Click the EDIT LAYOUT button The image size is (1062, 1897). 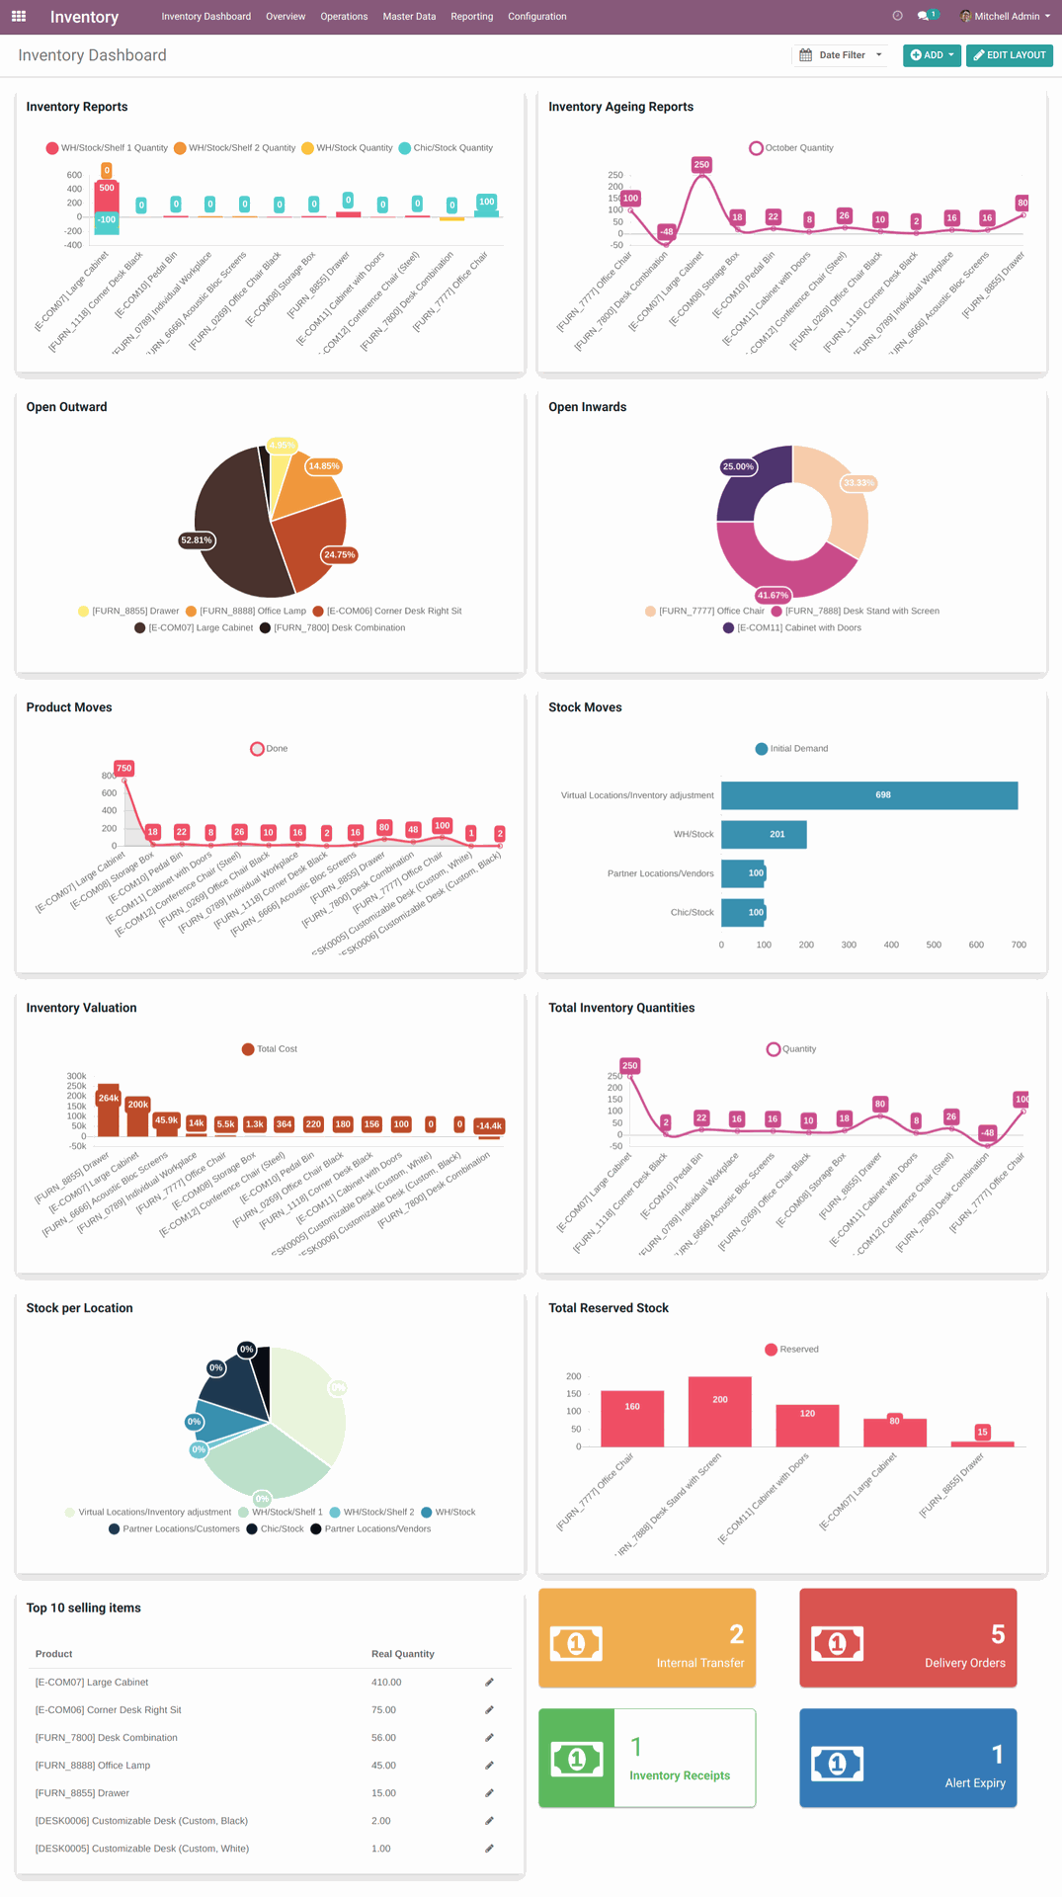click(1009, 55)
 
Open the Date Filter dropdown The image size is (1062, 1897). click(841, 55)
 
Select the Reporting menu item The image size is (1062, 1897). click(471, 17)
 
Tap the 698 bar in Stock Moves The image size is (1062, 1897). click(868, 795)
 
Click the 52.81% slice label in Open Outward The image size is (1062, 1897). click(196, 540)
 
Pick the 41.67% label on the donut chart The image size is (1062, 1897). click(772, 595)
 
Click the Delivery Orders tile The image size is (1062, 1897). click(907, 1637)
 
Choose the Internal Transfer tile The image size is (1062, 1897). click(647, 1637)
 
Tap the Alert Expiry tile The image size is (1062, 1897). click(907, 1758)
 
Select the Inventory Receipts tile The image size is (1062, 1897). click(647, 1758)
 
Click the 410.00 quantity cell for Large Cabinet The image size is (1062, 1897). click(386, 1682)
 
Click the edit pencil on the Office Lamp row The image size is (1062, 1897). click(489, 1765)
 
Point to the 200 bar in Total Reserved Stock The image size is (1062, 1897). click(719, 1411)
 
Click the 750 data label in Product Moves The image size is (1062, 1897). click(123, 768)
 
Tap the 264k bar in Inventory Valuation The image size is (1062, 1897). click(108, 1109)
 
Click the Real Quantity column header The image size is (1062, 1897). click(402, 1654)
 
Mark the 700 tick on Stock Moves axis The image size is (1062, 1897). click(1018, 945)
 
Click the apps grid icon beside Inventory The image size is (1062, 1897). click(19, 16)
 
